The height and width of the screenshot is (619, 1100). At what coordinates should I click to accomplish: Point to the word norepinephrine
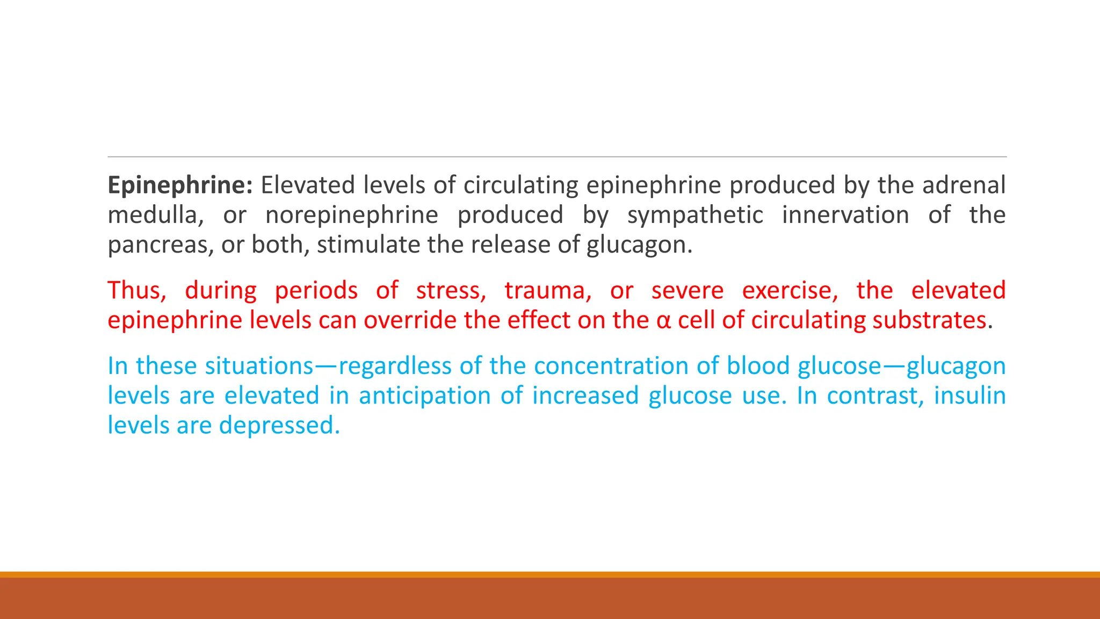[352, 215]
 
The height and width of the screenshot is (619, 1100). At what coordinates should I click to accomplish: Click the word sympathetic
[695, 215]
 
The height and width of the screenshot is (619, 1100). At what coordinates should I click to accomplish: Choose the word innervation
[845, 215]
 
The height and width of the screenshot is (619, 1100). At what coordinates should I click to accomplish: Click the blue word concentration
[611, 366]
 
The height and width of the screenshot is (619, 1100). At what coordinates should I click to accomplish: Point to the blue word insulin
[969, 396]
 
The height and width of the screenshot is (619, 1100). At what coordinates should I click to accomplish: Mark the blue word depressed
[279, 426]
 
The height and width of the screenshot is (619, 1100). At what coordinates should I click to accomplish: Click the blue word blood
[758, 366]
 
